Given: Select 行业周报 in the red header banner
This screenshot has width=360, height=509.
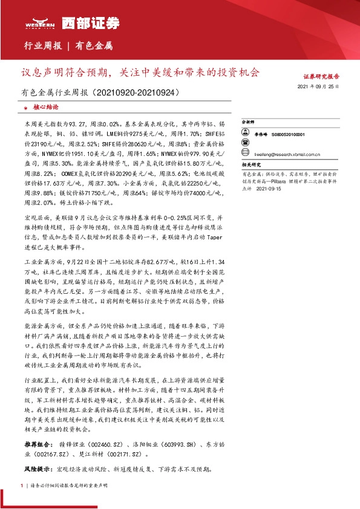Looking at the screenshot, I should [x=42, y=45].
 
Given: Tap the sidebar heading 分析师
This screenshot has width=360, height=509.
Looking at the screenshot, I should [x=247, y=122].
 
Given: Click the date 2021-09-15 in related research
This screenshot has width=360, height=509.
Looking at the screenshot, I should [x=269, y=188].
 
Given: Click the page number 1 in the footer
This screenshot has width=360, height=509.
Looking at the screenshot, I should [x=22, y=485].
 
